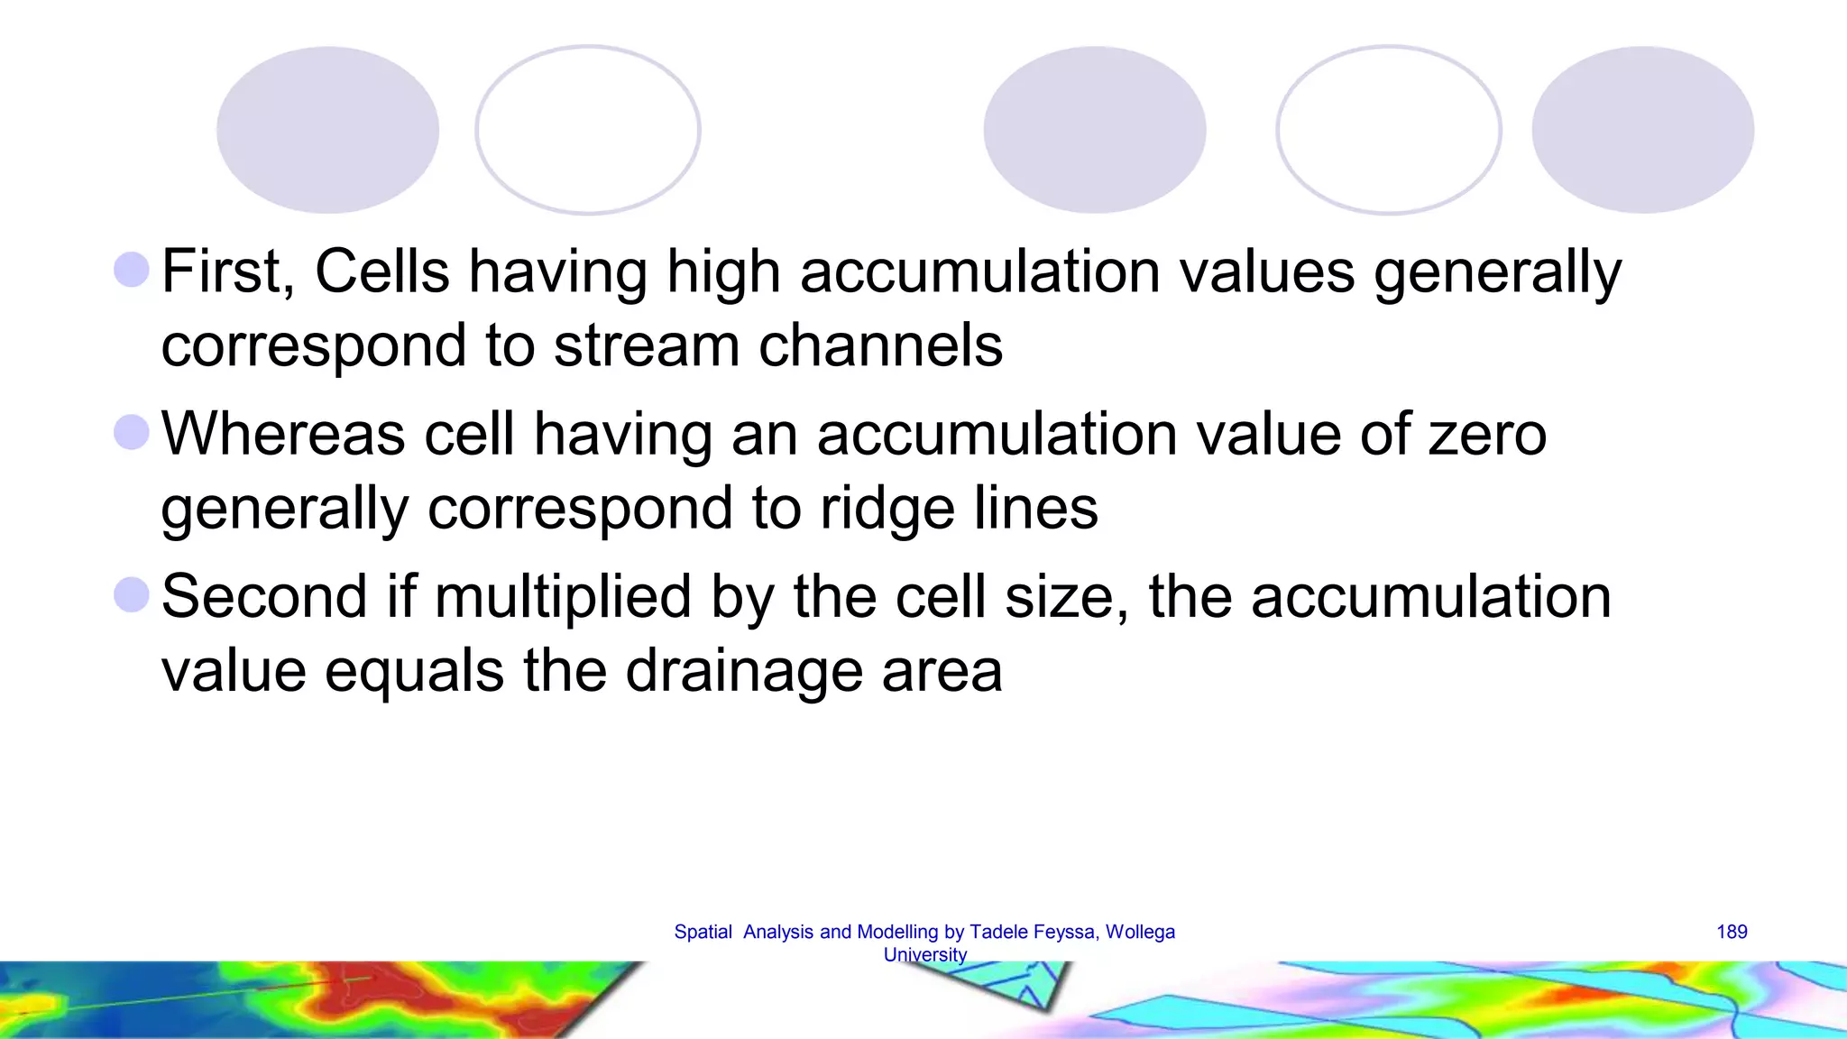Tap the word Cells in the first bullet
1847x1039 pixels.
click(381, 271)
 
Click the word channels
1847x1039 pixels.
click(880, 345)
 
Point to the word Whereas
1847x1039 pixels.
click(283, 434)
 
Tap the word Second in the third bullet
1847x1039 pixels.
click(263, 597)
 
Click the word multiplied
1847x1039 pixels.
click(563, 597)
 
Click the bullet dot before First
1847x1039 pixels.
click(132, 270)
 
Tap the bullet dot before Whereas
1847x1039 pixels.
click(132, 432)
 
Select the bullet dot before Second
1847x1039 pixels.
click(132, 595)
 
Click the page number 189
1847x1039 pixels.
click(1732, 932)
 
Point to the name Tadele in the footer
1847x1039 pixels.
click(999, 932)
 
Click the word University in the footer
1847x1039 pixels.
click(925, 954)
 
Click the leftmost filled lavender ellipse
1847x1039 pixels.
click(327, 130)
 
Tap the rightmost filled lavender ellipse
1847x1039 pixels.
click(1642, 130)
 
